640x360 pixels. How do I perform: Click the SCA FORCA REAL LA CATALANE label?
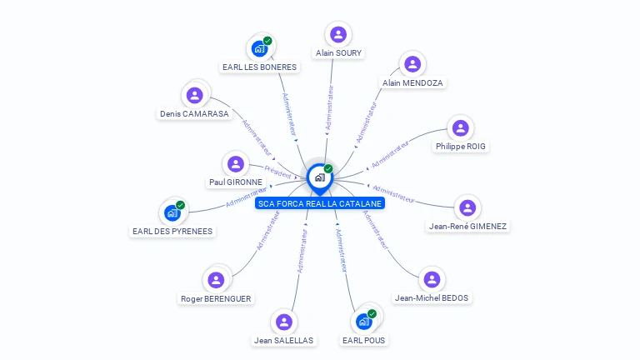tap(320, 203)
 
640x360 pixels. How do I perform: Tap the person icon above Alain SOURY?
tap(337, 34)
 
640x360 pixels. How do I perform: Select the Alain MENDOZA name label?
tap(412, 82)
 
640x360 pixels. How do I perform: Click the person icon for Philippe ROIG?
tap(460, 128)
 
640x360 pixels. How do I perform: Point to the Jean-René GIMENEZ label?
tap(467, 226)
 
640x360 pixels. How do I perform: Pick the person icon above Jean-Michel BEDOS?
tap(431, 280)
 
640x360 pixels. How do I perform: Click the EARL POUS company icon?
tap(363, 322)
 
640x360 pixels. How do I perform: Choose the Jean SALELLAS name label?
tap(284, 340)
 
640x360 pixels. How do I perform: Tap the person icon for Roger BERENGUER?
tap(216, 280)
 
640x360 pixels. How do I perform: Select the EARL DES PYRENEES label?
tap(172, 231)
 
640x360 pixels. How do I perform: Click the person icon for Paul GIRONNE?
tap(235, 164)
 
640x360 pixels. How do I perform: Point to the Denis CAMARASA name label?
tap(194, 113)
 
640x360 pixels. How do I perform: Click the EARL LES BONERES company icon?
tap(259, 48)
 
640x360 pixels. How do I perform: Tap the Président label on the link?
tap(278, 172)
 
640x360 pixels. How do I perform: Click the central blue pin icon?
tap(319, 177)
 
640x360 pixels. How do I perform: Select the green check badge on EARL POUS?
tap(372, 314)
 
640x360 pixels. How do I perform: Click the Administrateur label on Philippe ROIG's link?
tap(390, 154)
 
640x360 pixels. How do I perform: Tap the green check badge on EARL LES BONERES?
tap(267, 41)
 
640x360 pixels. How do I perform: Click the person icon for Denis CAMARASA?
tap(194, 95)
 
